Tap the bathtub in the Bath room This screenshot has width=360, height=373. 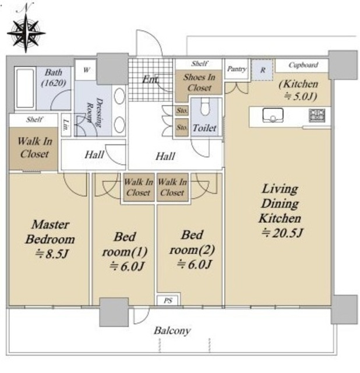pyautogui.click(x=25, y=88)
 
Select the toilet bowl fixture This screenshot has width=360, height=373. pyautogui.click(x=204, y=107)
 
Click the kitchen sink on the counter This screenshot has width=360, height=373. pyautogui.click(x=273, y=115)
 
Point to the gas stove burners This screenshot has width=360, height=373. pyautogui.click(x=317, y=115)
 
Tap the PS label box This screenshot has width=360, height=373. pyautogui.click(x=168, y=301)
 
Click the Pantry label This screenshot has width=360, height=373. pyautogui.click(x=237, y=69)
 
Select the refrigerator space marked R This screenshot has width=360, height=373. pyautogui.click(x=262, y=70)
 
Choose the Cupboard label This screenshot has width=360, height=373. pyautogui.click(x=303, y=65)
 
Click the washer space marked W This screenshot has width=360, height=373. pyautogui.click(x=86, y=70)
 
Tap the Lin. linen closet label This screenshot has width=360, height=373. pyautogui.click(x=66, y=125)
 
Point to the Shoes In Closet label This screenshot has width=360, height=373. pyautogui.click(x=199, y=82)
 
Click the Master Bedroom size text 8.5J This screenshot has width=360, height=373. pyautogui.click(x=52, y=254)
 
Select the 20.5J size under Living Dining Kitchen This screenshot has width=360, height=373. pyautogui.click(x=282, y=233)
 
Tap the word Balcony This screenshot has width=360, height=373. pyautogui.click(x=172, y=330)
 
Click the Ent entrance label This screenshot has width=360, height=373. pyautogui.click(x=150, y=79)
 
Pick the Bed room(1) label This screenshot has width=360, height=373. pyautogui.click(x=125, y=244)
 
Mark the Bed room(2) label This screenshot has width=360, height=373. pyautogui.click(x=192, y=242)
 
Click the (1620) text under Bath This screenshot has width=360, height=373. pyautogui.click(x=54, y=83)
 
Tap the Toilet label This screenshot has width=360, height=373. pyautogui.click(x=204, y=128)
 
